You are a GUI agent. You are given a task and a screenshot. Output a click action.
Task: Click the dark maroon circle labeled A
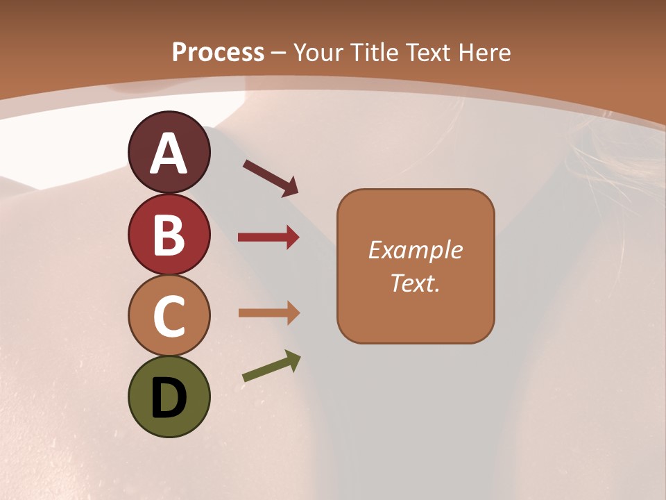click(x=169, y=153)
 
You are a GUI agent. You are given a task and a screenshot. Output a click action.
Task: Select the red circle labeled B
click(x=169, y=234)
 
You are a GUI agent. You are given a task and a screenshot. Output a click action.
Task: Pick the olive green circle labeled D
click(x=169, y=397)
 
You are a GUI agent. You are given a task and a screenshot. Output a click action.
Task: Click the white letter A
click(x=169, y=153)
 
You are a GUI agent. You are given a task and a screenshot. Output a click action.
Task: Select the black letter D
click(x=169, y=398)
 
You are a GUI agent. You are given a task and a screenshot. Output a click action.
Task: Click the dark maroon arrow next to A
click(x=271, y=178)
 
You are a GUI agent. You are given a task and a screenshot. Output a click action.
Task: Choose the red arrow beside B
click(x=268, y=237)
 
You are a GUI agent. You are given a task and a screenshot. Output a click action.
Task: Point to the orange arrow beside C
click(x=268, y=313)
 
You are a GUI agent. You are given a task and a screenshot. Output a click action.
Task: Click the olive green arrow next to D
click(x=271, y=367)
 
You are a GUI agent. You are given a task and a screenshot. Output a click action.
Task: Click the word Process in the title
click(x=218, y=52)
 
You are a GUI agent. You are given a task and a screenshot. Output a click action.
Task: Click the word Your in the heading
click(x=320, y=52)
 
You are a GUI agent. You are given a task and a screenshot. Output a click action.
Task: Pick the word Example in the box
click(x=416, y=250)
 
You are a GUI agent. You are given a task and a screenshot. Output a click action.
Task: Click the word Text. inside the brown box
click(x=416, y=283)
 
